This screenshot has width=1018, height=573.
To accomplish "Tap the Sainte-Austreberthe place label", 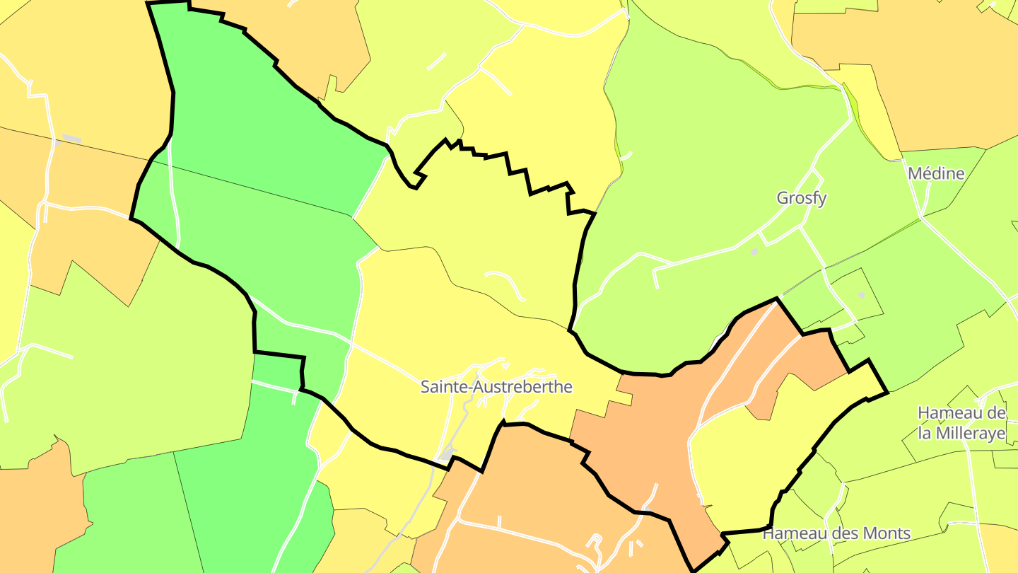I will [x=496, y=387].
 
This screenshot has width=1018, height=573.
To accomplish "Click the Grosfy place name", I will [x=801, y=198].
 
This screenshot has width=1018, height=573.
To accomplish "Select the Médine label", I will [x=936, y=173].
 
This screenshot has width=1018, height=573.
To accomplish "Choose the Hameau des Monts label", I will [x=836, y=533].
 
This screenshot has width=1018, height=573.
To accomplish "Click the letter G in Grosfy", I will [x=783, y=198].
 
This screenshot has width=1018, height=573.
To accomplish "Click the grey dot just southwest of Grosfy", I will [x=754, y=251].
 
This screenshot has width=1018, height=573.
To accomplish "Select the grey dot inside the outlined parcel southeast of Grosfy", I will [x=861, y=294].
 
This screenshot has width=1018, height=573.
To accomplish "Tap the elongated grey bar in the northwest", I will [x=71, y=138].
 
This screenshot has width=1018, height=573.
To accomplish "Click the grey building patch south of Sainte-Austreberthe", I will [x=447, y=453].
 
